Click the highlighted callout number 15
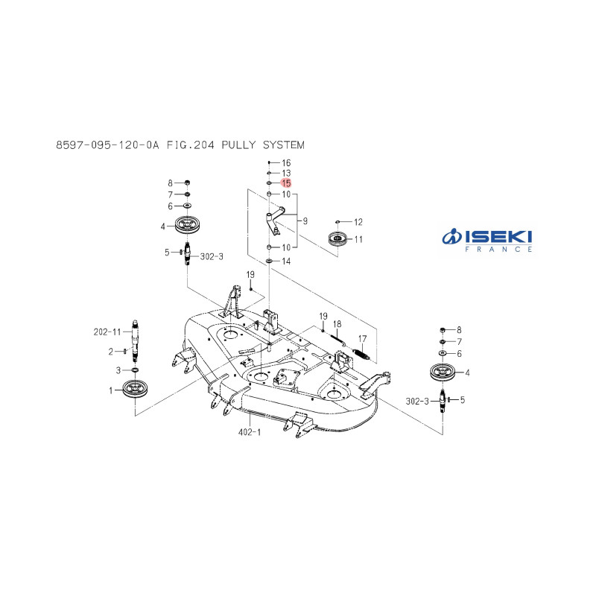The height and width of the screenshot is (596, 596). tap(286, 183)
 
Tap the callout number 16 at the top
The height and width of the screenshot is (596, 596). tap(286, 162)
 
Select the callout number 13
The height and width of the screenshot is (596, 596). tap(286, 173)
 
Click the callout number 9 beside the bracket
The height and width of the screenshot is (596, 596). tap(305, 221)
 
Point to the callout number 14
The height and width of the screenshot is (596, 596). tap(286, 261)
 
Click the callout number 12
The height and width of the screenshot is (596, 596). tap(358, 222)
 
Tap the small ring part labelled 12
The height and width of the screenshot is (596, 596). tap(337, 221)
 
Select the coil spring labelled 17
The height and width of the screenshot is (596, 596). tap(361, 353)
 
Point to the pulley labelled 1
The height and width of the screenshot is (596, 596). tap(135, 388)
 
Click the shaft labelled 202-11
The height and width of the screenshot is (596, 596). tap(135, 341)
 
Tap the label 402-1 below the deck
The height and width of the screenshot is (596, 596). tap(250, 432)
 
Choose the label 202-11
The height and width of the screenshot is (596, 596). tap(107, 332)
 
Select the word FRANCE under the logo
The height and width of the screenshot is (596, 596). tap(498, 250)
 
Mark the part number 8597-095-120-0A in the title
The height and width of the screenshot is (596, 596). tap(107, 145)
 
